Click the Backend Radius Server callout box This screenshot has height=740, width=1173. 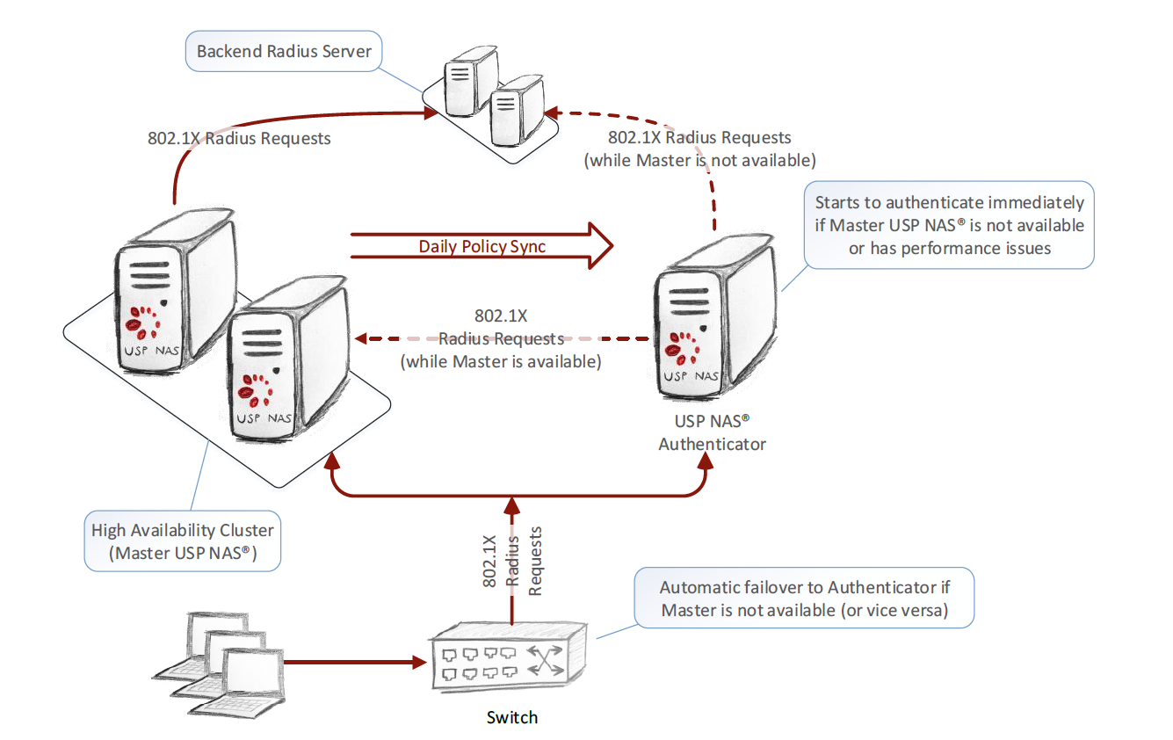pos(284,51)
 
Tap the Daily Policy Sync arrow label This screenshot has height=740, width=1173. pos(482,247)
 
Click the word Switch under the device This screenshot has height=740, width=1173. pos(512,717)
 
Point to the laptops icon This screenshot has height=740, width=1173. pos(220,655)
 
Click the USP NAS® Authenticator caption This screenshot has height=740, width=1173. pos(712,432)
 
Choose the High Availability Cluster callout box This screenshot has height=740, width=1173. pos(183,540)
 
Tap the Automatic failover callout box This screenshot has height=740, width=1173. pos(804,599)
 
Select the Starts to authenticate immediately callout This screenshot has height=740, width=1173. pos(949,226)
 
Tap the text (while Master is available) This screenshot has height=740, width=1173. pos(501,361)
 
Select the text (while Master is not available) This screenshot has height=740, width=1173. pos(700,161)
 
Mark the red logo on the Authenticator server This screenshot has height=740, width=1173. pos(683,345)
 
